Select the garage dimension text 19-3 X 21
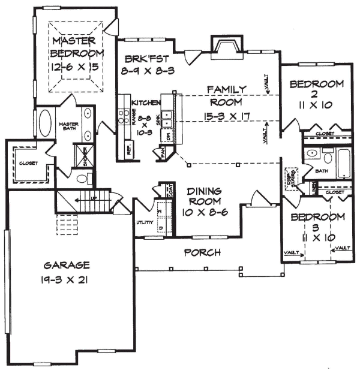tap(67, 279)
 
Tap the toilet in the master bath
tap(85, 178)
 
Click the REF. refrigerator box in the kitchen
tap(127, 148)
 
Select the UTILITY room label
tap(144, 222)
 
